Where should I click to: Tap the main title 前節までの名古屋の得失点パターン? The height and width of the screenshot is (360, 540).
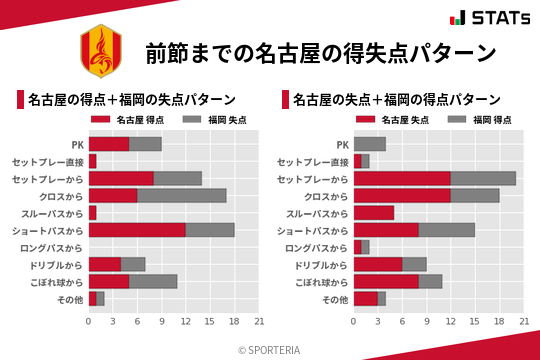pos(320,53)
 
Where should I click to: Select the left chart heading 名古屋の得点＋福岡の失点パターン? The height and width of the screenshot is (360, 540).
pos(131,99)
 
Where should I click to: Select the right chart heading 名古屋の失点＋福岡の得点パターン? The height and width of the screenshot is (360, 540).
pos(397,99)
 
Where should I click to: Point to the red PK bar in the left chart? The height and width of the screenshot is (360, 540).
pos(109,144)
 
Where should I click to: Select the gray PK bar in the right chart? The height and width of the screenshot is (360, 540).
pos(370,144)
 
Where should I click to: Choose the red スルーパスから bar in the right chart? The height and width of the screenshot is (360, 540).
pos(374,213)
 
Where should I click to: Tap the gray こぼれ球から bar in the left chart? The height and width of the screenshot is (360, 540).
pos(153,281)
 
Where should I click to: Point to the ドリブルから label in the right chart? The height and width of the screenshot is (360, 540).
pos(320,264)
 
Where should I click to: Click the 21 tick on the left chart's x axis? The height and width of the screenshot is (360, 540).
pos(259,322)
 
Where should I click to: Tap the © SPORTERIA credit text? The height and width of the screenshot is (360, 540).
pos(270,349)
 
